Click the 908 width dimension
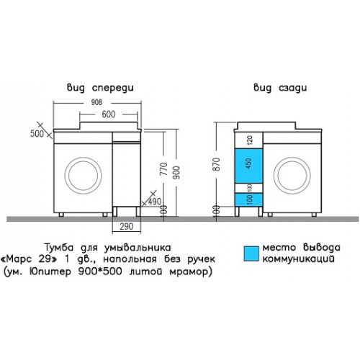[x=96, y=102]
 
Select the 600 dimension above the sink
[x=109, y=114]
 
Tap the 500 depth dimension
[x=37, y=134]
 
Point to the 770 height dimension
[x=163, y=168]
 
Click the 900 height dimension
[x=176, y=172]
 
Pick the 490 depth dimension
[x=155, y=202]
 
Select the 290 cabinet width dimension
[x=126, y=227]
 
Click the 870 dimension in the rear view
[x=217, y=164]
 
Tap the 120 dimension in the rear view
[x=250, y=140]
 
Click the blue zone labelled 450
[x=248, y=166]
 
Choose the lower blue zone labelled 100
[x=248, y=199]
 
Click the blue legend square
[x=251, y=253]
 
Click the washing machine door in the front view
[x=83, y=176]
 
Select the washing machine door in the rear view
[x=292, y=176]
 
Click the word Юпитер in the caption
[x=50, y=272]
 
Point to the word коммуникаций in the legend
[x=298, y=259]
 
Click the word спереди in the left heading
[x=113, y=88]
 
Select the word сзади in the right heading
[x=293, y=88]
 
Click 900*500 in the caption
[x=100, y=271]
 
